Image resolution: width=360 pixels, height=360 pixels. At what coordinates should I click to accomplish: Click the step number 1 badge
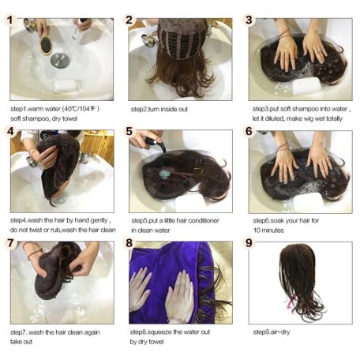point(10,20)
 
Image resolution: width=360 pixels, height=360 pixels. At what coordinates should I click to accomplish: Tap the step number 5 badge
point(129,131)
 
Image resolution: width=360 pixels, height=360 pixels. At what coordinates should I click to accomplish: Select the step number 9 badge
point(249,242)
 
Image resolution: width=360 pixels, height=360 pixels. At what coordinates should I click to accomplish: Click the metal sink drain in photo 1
point(60,60)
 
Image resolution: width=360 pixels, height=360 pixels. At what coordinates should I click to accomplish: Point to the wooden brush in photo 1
point(45,46)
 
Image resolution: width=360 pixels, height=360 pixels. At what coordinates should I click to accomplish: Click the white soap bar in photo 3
point(306,86)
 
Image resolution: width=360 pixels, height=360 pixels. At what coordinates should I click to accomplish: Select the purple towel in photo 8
point(171,283)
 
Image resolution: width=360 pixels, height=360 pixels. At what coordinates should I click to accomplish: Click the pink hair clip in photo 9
point(291,302)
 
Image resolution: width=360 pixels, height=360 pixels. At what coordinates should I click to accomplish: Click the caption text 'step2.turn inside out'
point(159,109)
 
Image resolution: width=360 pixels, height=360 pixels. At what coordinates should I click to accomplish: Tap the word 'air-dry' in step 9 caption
point(280,332)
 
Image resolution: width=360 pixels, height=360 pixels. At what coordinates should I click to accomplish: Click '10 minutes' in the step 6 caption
point(268,231)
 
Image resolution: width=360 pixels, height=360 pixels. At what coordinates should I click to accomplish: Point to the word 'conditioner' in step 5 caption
point(204,220)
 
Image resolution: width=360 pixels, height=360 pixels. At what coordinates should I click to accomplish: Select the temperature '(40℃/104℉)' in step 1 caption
point(81,109)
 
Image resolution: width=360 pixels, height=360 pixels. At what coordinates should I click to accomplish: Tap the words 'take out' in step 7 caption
point(21,342)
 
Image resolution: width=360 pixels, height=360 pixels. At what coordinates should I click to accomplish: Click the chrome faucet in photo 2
point(148,40)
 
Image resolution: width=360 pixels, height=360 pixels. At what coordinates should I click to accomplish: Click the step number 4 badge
point(10,131)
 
